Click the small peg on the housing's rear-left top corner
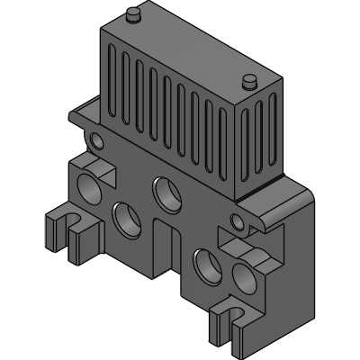click(133, 14)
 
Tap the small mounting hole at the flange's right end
click(237, 220)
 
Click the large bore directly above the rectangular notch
click(166, 192)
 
